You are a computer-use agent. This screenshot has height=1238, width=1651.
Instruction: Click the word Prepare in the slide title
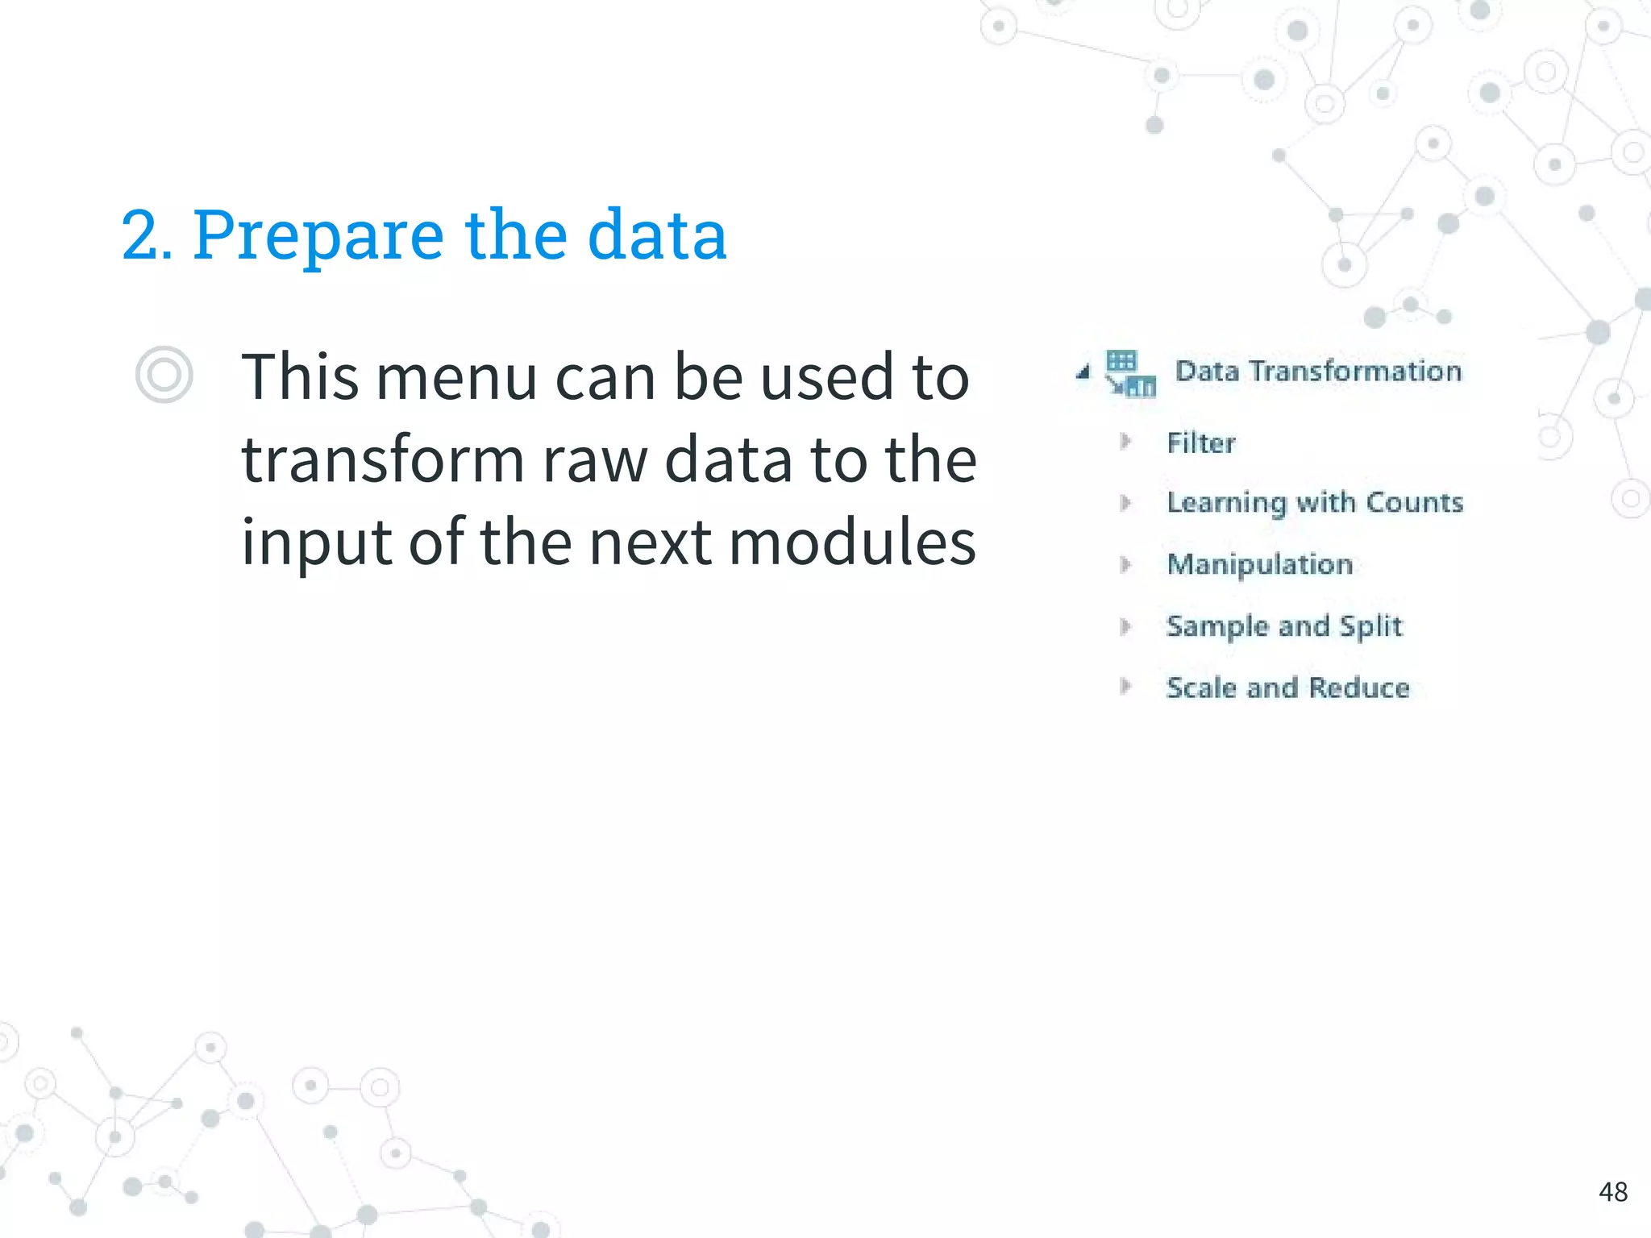point(318,236)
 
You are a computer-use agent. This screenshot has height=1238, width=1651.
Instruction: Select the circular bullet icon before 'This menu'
point(164,376)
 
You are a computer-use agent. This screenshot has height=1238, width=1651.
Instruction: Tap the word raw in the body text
point(595,461)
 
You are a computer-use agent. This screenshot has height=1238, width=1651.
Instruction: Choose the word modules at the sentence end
point(852,542)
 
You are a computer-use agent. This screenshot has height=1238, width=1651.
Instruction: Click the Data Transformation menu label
point(1318,372)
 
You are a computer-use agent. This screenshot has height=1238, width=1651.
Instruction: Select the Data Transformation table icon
point(1129,374)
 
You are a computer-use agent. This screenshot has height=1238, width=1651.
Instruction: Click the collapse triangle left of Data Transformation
point(1083,372)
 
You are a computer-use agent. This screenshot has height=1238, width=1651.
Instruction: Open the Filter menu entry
point(1200,442)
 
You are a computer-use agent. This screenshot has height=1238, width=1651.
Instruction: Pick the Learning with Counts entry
point(1314,502)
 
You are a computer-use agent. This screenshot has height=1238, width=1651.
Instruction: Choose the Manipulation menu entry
point(1259,564)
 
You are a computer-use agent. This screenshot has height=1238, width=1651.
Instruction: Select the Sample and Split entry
point(1284,626)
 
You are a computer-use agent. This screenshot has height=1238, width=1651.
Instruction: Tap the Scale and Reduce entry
point(1287,688)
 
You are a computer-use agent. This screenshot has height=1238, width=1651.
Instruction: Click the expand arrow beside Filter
point(1126,442)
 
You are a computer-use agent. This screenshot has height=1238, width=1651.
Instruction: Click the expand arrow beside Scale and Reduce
point(1126,687)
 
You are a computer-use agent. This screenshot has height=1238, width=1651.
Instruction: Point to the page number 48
point(1612,1191)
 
